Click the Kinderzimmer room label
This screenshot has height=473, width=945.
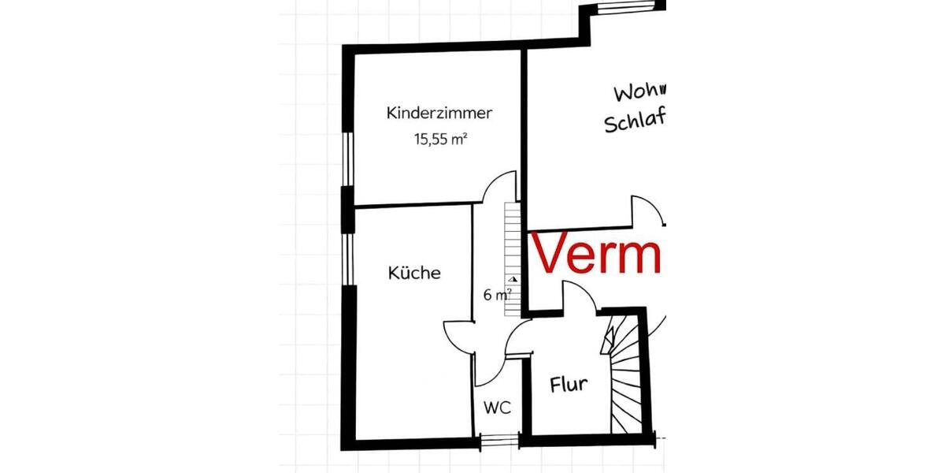[x=439, y=114]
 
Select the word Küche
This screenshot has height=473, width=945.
[x=414, y=274]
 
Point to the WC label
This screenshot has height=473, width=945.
[x=497, y=408]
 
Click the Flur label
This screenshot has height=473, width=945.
[x=568, y=385]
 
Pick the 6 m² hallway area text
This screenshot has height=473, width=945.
[x=497, y=296]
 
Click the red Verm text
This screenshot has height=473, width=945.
[x=597, y=255]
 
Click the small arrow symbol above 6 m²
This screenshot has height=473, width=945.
[x=513, y=279]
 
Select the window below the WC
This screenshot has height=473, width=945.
[x=500, y=441]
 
